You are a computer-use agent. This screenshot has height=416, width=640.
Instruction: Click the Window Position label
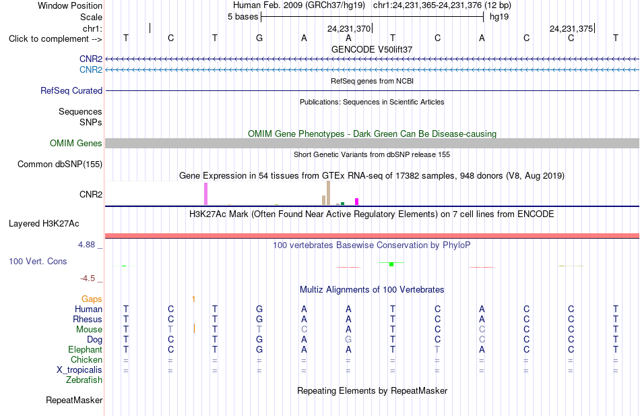70,5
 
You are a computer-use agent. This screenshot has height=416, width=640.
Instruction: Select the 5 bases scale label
243,17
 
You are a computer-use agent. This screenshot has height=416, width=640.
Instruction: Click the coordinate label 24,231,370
349,28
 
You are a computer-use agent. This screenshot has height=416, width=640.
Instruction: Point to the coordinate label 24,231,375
571,28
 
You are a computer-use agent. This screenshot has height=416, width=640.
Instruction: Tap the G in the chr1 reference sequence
259,38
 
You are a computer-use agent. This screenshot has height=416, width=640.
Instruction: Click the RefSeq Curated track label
71,91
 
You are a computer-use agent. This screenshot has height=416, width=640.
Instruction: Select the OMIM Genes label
76,144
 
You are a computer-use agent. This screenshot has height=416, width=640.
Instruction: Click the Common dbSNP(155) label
60,165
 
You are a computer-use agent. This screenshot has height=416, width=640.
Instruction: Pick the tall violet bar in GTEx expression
205,194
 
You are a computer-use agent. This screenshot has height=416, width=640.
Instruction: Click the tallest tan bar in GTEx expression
328,193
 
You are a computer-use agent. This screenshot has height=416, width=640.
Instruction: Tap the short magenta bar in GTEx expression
357,202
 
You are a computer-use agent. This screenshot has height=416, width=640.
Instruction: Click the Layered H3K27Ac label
44,224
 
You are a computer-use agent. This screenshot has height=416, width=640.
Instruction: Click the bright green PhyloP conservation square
391,264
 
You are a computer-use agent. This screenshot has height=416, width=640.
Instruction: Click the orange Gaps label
92,299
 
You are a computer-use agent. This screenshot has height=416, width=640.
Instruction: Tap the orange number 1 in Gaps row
193,299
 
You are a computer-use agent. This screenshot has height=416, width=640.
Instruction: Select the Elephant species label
86,350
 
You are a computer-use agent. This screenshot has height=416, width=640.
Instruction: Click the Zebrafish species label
84,380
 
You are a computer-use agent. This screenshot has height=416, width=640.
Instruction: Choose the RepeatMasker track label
74,400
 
